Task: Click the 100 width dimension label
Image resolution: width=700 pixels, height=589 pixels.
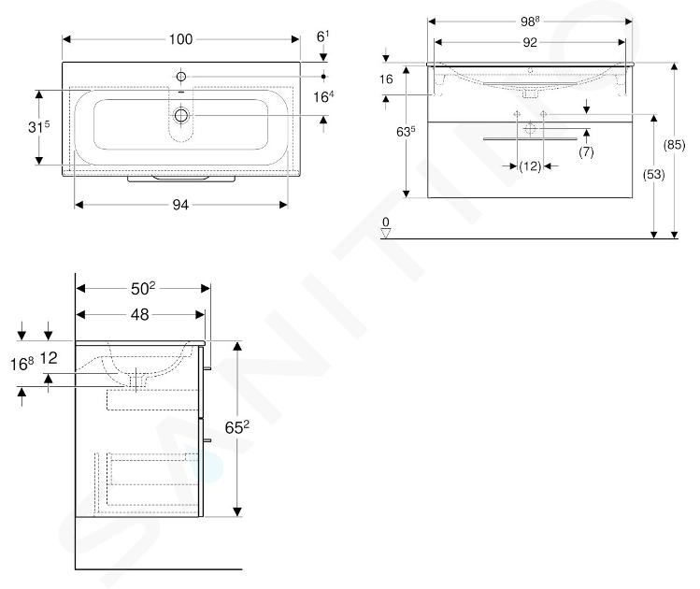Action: [180, 39]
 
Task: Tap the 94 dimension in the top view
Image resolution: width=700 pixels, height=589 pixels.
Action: [180, 205]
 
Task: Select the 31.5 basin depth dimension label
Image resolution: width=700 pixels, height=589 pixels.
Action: [39, 127]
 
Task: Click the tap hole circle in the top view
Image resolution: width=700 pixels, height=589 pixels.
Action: [180, 77]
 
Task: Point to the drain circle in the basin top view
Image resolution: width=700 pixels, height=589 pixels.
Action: [181, 115]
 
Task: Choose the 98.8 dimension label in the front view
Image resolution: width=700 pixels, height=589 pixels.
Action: [530, 21]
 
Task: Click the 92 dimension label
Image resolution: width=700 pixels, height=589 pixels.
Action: [530, 42]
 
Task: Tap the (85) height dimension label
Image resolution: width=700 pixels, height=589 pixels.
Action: [674, 145]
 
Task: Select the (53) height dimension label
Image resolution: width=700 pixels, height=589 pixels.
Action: [653, 174]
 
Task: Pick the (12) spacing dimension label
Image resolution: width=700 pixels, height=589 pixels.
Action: [530, 166]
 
